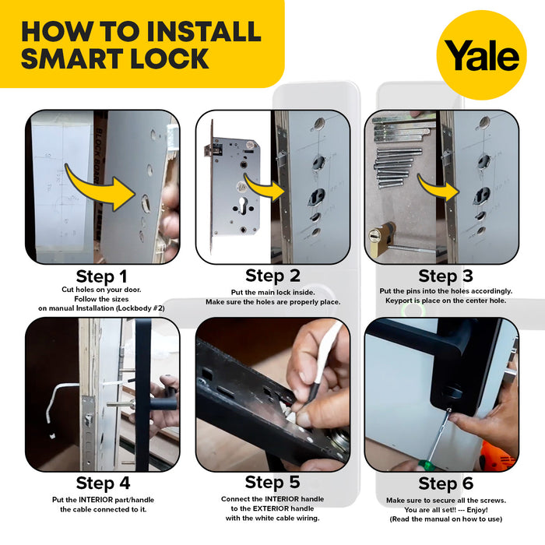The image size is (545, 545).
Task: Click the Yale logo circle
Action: pos(481,54)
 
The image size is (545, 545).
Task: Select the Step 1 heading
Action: pos(102,276)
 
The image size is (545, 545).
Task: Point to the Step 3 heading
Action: pos(445,276)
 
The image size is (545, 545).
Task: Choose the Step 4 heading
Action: pos(102,483)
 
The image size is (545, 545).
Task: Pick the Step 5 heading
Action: pos(272,483)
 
